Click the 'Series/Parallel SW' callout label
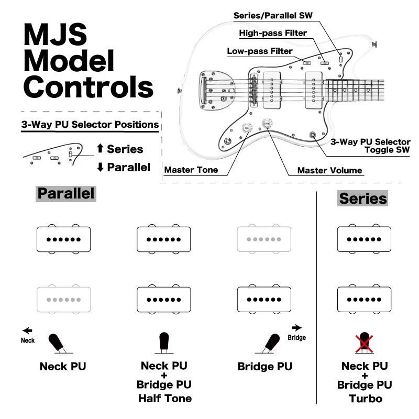(x=272, y=15)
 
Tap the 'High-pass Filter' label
(x=273, y=33)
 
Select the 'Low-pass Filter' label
(x=260, y=51)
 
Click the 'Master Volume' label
(x=329, y=170)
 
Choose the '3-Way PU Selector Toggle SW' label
(x=370, y=146)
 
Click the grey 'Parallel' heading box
(x=66, y=193)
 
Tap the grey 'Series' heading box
(x=363, y=199)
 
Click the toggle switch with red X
(x=363, y=343)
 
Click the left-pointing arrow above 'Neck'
(x=27, y=330)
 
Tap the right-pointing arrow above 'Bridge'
(x=296, y=327)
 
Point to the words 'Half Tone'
(x=165, y=399)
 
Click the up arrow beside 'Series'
(x=100, y=149)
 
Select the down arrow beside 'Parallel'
(x=100, y=168)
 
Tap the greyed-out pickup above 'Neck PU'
(x=64, y=299)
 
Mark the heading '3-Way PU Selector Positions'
(x=90, y=125)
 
